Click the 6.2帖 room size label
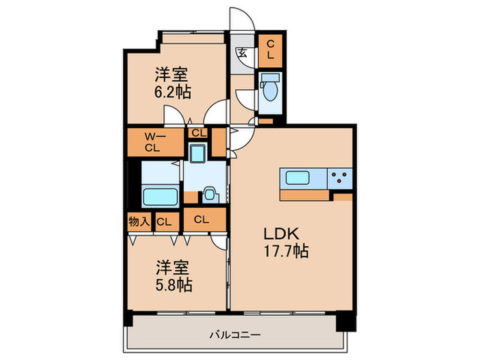tap(172, 91)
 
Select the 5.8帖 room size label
tap(173, 283)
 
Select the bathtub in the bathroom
tap(160, 197)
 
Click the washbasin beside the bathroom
tap(211, 193)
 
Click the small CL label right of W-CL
tap(198, 133)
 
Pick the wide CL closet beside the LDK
tap(202, 220)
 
